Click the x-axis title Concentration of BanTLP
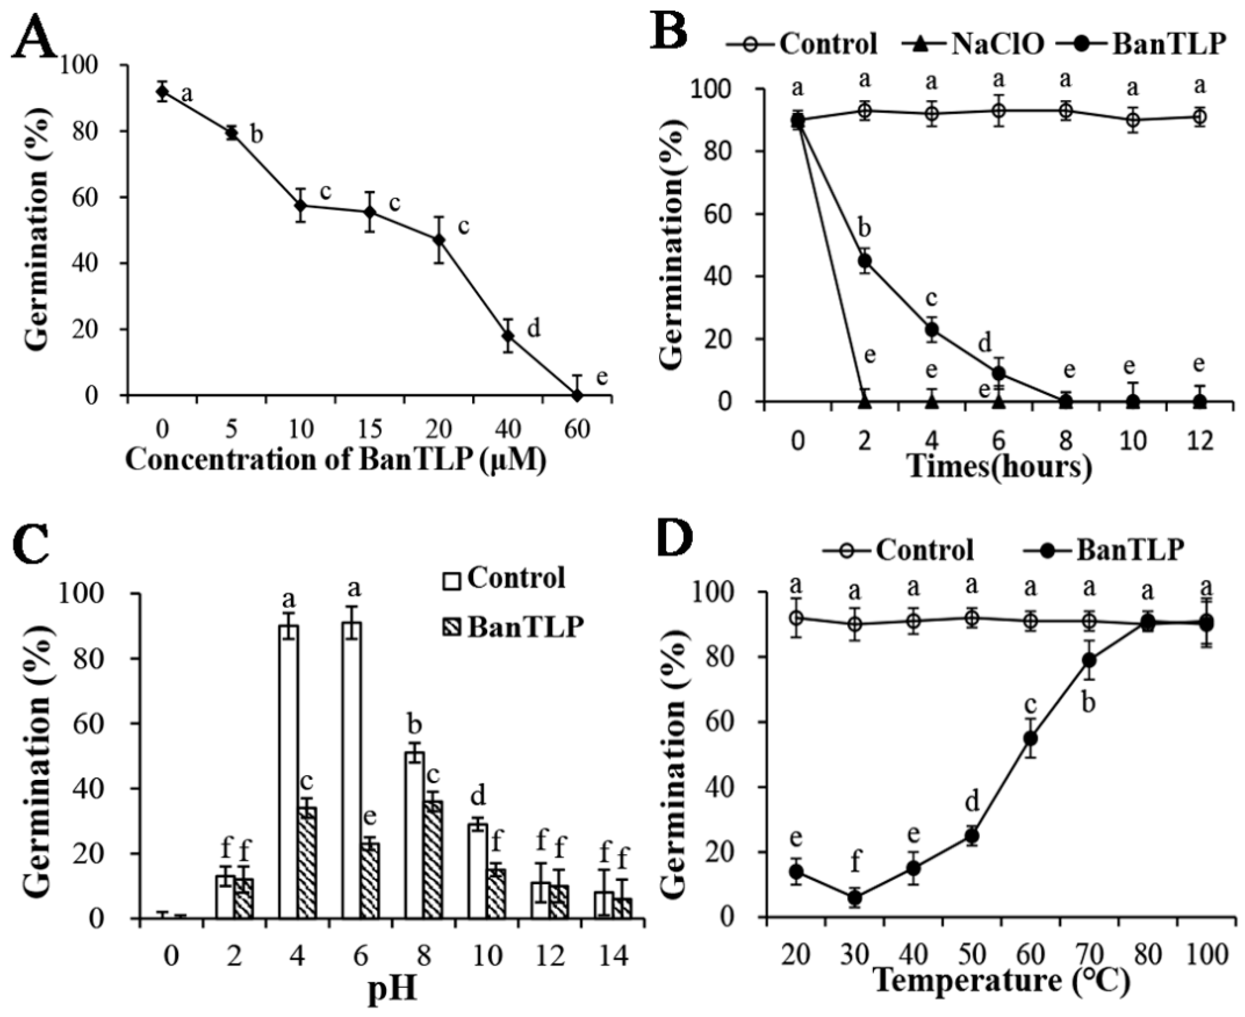(x=335, y=461)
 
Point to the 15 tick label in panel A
(x=370, y=429)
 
